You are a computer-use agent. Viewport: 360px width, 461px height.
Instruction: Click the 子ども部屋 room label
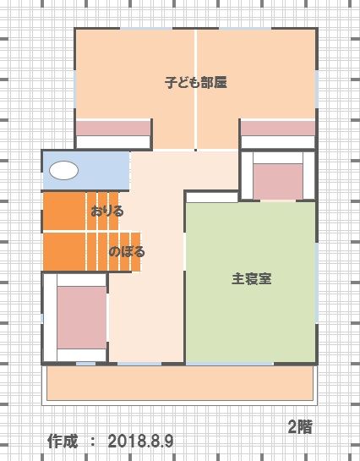195,82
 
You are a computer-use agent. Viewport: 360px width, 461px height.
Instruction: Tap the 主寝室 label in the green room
251,279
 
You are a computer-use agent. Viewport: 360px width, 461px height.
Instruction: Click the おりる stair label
106,211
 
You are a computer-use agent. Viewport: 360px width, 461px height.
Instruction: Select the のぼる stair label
127,252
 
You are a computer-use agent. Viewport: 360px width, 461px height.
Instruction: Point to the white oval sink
63,171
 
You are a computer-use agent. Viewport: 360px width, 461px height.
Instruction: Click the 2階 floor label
300,427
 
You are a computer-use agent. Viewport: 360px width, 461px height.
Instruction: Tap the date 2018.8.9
140,442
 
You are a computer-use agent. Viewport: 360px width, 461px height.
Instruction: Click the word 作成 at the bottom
63,441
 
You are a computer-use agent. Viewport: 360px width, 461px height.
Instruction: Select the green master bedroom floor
251,283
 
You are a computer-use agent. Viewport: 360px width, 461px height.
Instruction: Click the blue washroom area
86,171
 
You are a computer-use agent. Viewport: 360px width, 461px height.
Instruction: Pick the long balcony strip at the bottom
180,383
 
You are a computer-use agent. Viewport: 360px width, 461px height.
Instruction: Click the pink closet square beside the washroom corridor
278,182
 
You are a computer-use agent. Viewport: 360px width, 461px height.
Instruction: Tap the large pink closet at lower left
82,317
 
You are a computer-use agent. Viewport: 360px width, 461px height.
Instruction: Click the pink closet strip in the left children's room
113,129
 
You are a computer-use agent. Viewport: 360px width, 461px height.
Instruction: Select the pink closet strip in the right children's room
278,129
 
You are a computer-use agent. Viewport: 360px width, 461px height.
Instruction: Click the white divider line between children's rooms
195,90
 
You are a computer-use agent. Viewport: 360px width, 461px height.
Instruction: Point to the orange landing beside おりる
64,211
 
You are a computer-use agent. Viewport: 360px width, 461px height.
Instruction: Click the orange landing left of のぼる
64,252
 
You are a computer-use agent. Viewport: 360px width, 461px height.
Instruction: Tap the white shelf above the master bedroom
212,197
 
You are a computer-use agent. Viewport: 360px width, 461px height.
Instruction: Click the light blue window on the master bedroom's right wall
317,283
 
